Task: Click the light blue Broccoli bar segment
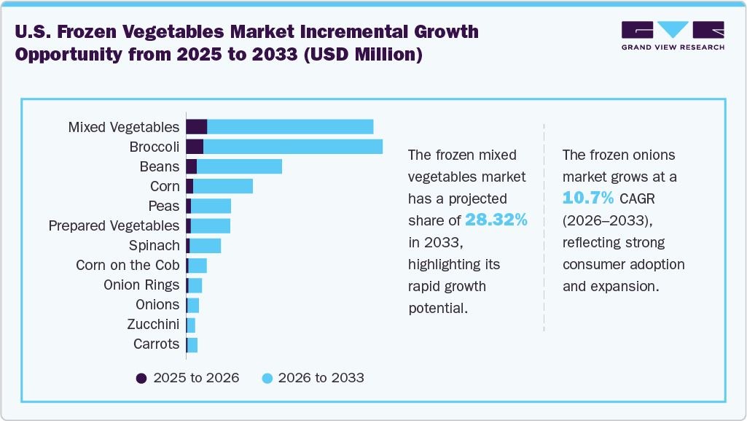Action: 293,147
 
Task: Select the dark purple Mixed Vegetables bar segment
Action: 197,127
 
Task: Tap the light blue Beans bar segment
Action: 239,166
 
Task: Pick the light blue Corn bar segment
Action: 223,186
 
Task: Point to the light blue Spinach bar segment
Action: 205,245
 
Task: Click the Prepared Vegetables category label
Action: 114,225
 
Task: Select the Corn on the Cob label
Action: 128,265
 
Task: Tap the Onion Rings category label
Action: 141,285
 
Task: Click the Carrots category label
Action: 156,344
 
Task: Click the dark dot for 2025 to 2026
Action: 141,378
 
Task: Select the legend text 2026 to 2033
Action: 321,378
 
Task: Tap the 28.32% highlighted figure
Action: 496,220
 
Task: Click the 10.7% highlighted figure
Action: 588,198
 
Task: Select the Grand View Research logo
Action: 673,36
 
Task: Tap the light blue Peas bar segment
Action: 211,206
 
